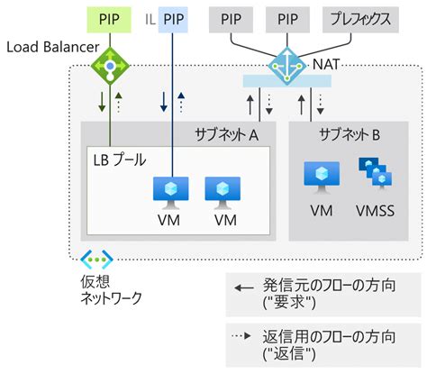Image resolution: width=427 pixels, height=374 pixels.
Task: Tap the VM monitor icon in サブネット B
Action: (x=321, y=177)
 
